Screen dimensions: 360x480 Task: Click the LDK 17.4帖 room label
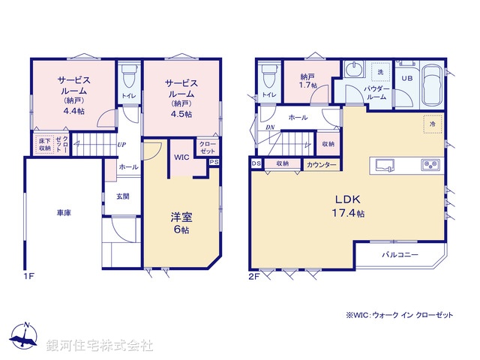[x=349, y=206]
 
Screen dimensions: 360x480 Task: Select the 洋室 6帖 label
[x=181, y=223]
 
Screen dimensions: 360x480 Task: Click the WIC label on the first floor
[x=182, y=158]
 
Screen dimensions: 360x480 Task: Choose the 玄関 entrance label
[x=122, y=196]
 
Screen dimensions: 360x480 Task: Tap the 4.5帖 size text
[x=180, y=115]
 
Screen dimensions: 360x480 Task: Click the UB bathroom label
[x=406, y=78]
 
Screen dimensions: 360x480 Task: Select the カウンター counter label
[x=322, y=164]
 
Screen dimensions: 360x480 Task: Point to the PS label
[x=214, y=162]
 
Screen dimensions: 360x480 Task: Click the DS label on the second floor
[x=256, y=163]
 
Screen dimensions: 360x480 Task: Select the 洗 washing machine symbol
[x=380, y=71]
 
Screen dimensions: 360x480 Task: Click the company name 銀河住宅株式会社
[x=99, y=346]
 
